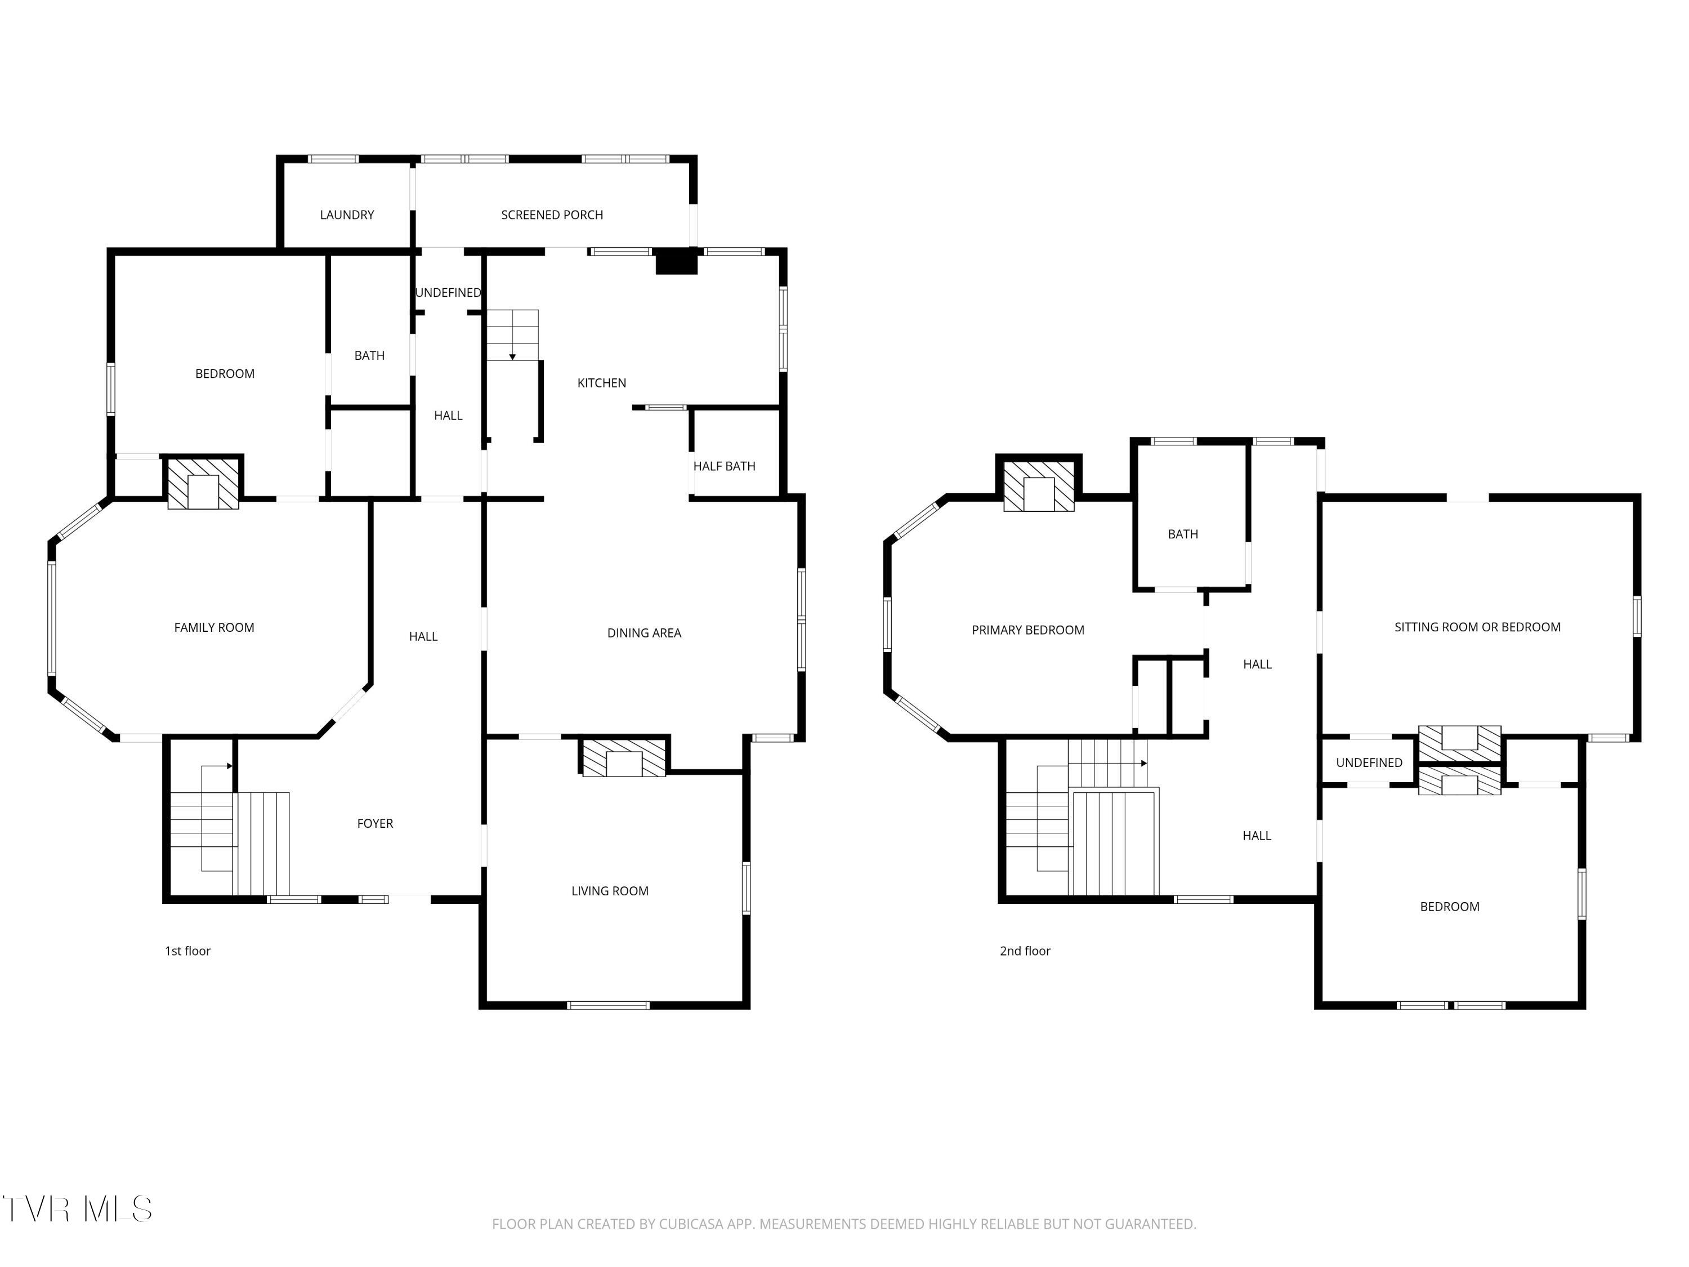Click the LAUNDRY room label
tap(347, 215)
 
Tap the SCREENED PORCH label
tap(551, 215)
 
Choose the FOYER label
tap(375, 823)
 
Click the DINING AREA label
tap(644, 633)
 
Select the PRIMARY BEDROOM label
tap(1027, 630)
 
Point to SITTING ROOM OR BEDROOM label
tap(1477, 627)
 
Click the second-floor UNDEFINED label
tap(1368, 763)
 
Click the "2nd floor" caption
tap(1025, 951)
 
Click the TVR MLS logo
tap(77, 1210)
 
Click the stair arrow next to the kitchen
tap(512, 356)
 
